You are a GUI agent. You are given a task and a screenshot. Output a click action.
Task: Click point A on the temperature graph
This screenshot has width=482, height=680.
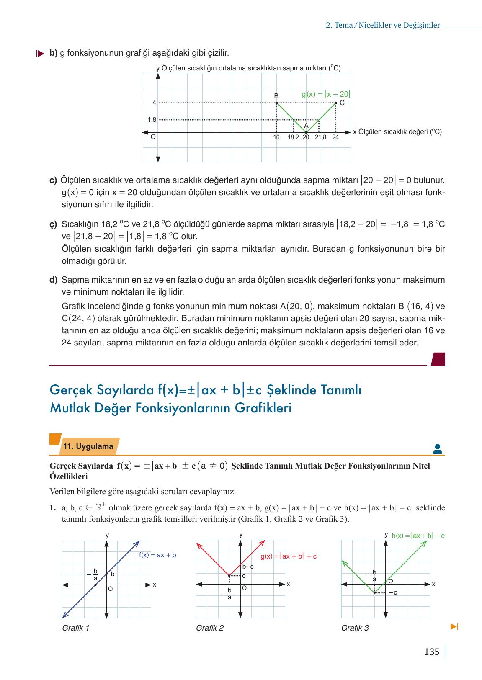[x=306, y=132]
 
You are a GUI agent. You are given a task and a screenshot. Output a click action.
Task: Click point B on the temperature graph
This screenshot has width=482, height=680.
[x=276, y=103]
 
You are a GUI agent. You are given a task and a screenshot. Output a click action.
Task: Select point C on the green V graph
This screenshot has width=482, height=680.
[x=336, y=103]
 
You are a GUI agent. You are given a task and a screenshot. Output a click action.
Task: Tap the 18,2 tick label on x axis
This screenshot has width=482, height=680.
[x=293, y=137]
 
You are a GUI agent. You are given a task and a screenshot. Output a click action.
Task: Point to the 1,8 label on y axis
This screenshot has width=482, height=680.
[x=152, y=120]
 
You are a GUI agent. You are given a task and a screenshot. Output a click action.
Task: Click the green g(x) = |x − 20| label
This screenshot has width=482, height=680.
[x=326, y=95]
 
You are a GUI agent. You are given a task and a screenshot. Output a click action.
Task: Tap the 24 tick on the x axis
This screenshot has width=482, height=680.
[x=335, y=137]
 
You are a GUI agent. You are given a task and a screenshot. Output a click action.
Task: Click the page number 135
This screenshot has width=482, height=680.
[x=432, y=652]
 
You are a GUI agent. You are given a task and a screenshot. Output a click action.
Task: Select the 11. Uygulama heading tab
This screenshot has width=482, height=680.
[x=88, y=446]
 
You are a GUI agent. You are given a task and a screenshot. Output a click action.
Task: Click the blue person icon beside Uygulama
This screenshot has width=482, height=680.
[x=437, y=449]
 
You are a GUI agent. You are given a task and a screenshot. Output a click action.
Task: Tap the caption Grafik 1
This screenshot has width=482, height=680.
[x=75, y=628]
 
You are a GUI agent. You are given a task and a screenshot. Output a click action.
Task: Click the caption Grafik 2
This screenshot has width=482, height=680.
[x=209, y=628]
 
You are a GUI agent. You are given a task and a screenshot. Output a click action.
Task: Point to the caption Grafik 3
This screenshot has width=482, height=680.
[x=355, y=628]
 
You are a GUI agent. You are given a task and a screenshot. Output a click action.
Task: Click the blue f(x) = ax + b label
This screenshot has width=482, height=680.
[x=157, y=555]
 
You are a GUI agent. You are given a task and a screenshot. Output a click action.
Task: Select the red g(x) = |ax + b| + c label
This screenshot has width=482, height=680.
[x=289, y=556]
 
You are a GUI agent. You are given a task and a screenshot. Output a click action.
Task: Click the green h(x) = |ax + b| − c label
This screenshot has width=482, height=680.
[x=418, y=536]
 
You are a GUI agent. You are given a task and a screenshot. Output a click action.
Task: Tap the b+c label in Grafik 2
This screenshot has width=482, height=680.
[x=248, y=567]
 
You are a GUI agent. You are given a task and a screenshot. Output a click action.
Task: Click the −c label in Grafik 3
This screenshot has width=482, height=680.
[x=392, y=592]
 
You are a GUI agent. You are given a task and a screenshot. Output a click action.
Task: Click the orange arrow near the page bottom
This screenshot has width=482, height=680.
[x=454, y=627]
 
